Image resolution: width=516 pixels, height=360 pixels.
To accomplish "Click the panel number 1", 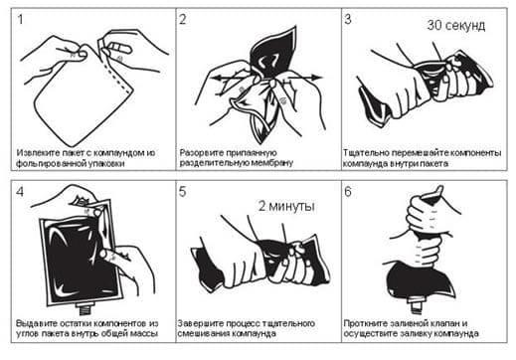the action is coord(20,20).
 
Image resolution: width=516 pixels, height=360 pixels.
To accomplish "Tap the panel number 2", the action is coord(183,20).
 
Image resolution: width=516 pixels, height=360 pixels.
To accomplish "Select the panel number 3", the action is coord(348,19).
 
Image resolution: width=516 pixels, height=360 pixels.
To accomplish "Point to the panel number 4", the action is coord(20,192).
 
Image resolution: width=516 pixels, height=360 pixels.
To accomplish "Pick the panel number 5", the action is coord(183,192).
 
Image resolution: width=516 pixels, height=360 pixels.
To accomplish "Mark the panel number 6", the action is coord(348,192).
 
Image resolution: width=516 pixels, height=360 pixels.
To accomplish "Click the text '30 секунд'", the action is coord(456,25).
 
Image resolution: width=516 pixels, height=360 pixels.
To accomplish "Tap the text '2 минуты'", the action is coord(286,206).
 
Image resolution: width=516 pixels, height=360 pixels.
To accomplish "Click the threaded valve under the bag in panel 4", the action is coord(86,309).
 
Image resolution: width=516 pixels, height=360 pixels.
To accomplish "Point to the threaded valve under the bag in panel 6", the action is coord(418,305).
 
